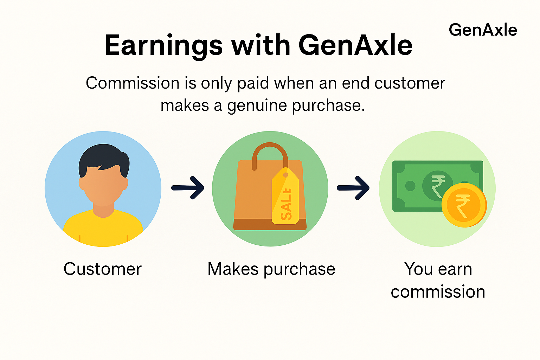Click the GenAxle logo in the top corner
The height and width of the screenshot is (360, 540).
pyautogui.click(x=483, y=30)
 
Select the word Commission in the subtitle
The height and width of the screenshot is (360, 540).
pyautogui.click(x=133, y=84)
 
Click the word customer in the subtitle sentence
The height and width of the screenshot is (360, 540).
pyautogui.click(x=410, y=84)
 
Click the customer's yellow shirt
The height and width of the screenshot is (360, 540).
pyautogui.click(x=103, y=229)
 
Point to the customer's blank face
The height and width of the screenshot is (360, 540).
pyautogui.click(x=103, y=186)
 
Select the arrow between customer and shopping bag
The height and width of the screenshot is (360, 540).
pyautogui.click(x=188, y=188)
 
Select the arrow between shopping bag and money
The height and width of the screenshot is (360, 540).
pyautogui.click(x=353, y=188)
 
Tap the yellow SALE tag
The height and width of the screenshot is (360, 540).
pyautogui.click(x=286, y=199)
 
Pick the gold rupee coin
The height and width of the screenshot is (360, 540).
pyautogui.click(x=464, y=205)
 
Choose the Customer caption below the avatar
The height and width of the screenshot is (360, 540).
pyautogui.click(x=103, y=269)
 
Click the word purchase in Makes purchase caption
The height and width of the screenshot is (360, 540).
pyautogui.click(x=300, y=269)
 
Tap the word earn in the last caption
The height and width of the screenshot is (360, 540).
pyautogui.click(x=455, y=269)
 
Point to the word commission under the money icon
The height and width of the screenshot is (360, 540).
pyautogui.click(x=438, y=292)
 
